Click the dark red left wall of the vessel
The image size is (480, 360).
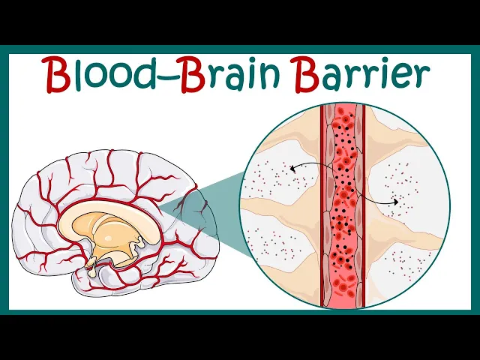(x=324, y=225)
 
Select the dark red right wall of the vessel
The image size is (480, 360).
(x=362, y=225)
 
